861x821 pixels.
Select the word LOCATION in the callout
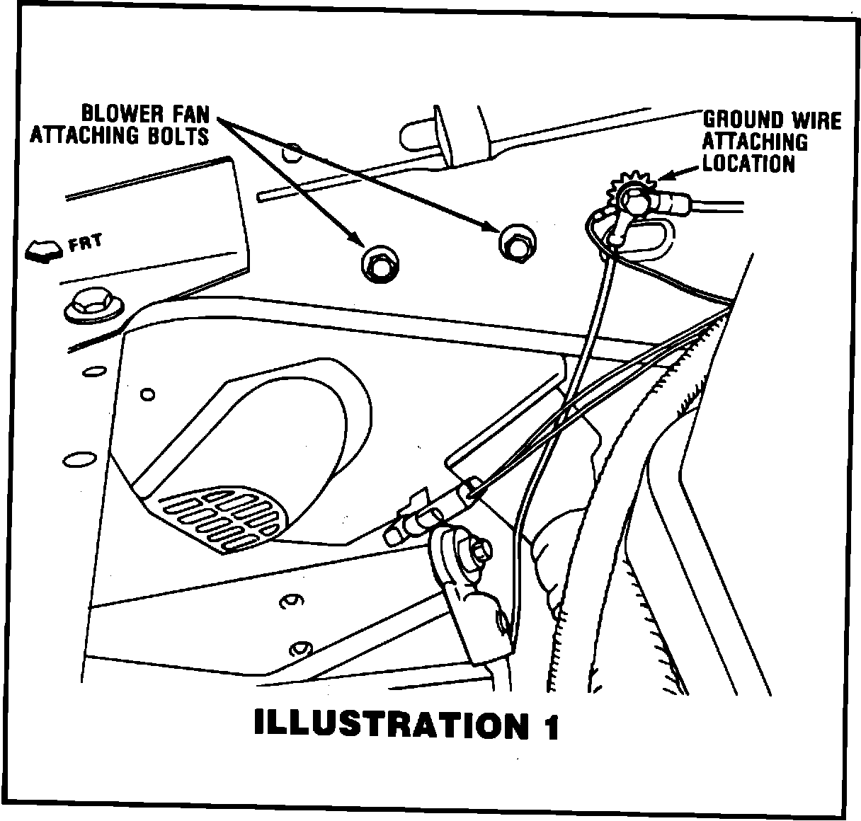748,163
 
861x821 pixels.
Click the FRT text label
85,243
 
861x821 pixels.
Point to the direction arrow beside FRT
43,251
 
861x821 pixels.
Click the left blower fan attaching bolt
378,264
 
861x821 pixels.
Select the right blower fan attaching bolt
516,242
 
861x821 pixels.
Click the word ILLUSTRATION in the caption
386,725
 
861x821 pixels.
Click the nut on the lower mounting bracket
479,551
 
